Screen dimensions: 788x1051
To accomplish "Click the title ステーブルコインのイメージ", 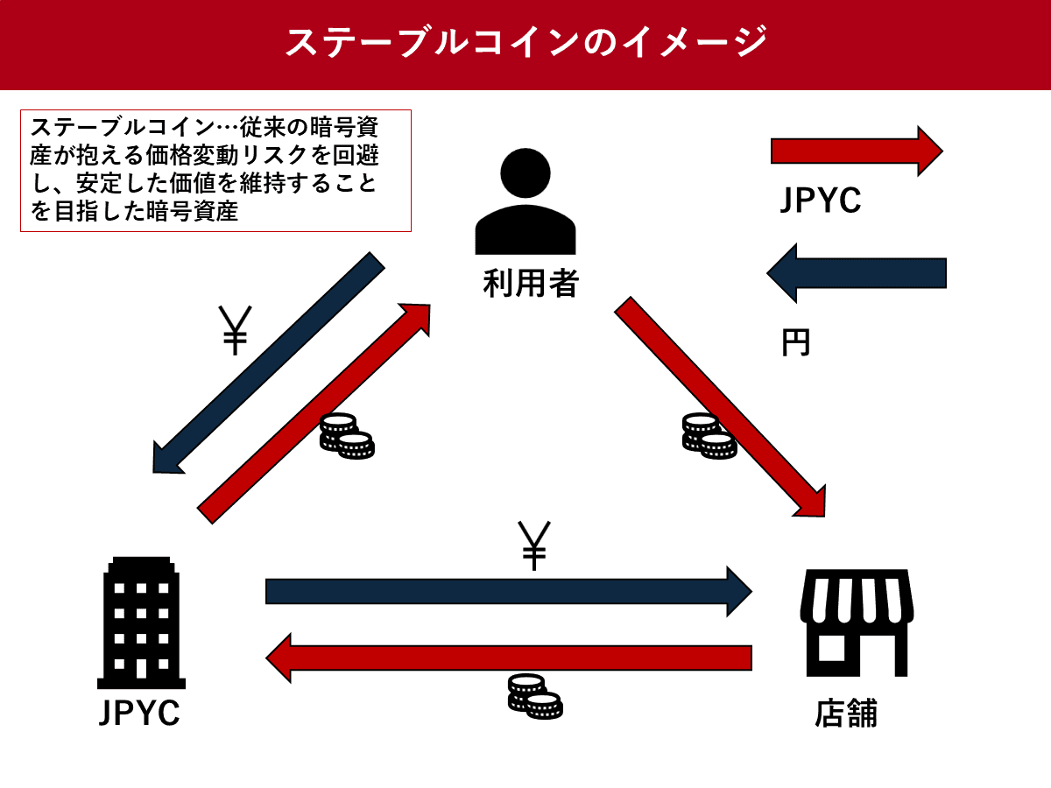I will [x=525, y=42].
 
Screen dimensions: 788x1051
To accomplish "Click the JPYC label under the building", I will [x=139, y=714].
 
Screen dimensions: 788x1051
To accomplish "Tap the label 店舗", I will [x=845, y=714].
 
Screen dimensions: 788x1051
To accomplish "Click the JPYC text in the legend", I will [x=821, y=201].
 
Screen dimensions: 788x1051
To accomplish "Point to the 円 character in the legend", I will [x=796, y=342].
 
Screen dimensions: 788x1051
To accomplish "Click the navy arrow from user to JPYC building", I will [x=268, y=363].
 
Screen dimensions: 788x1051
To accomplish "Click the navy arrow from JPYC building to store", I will [x=508, y=591].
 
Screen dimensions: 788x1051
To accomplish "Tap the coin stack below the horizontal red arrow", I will [x=534, y=697].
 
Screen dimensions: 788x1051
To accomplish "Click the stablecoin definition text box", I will [x=215, y=170].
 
